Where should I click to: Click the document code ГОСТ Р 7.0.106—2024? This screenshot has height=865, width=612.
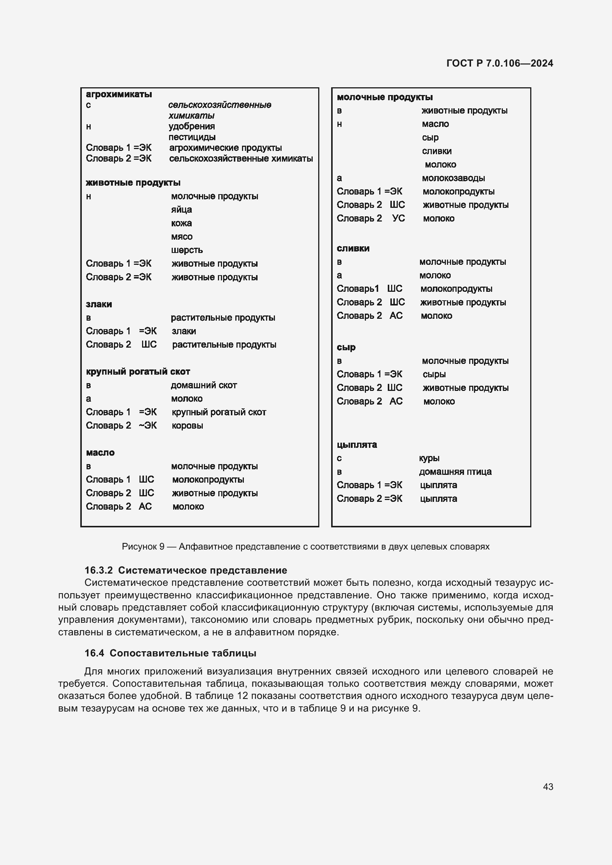pos(499,63)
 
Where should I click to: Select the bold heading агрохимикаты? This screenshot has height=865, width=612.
pos(119,94)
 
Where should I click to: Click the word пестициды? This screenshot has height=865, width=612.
pos(192,137)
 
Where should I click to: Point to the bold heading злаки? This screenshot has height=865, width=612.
pos(99,304)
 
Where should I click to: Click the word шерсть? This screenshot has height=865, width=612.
pos(186,250)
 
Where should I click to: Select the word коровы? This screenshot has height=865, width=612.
pos(187,426)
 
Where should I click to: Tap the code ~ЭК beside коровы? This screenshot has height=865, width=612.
pos(147,426)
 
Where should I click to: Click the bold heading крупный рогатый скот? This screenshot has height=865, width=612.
pos(138,372)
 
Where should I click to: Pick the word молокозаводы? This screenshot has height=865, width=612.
pos(453,178)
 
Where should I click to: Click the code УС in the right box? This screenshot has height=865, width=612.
pos(398,219)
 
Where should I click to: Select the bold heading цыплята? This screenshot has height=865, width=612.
pos(356,445)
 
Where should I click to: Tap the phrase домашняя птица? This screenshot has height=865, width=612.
pos(455,472)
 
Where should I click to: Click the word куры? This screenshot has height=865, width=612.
pos(429,459)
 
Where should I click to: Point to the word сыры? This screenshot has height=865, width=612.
pos(434,375)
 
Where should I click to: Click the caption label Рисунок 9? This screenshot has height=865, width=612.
pos(143,547)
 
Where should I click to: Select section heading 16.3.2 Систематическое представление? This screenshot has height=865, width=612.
pos(185,570)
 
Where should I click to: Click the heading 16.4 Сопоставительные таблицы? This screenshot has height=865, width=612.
pos(170,653)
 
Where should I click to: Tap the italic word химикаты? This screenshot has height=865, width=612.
pos(191,116)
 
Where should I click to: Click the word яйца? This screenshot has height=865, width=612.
pos(181,209)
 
